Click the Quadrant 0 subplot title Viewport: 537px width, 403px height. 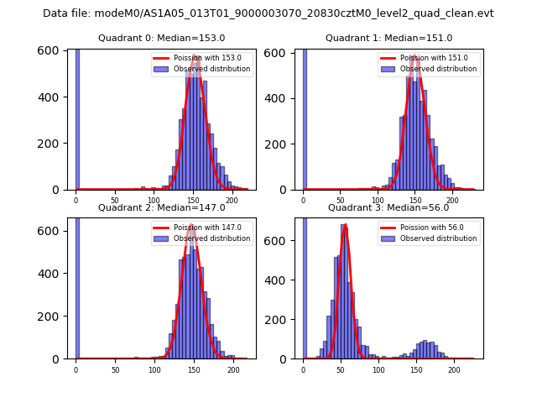(161, 38)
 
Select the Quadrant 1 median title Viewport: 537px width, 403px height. (388, 38)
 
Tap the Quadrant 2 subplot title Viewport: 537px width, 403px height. (161, 207)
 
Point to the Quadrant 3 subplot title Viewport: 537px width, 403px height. (388, 207)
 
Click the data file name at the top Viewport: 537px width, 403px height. (268, 13)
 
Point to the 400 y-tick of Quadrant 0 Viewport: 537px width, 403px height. (58, 97)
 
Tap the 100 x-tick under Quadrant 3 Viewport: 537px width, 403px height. (378, 369)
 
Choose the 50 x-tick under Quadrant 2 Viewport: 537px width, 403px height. (115, 369)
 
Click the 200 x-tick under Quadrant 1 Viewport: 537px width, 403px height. (452, 201)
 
